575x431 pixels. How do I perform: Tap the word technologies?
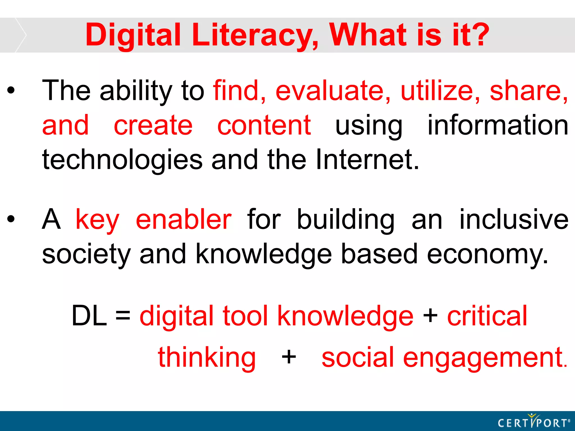[x=122, y=160]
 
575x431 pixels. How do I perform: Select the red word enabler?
[x=184, y=219]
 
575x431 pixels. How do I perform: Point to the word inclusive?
[x=514, y=219]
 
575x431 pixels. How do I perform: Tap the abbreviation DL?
[x=89, y=316]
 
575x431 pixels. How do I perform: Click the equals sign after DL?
[x=123, y=316]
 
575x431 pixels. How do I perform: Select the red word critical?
[x=487, y=316]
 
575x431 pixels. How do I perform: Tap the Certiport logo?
[x=533, y=421]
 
